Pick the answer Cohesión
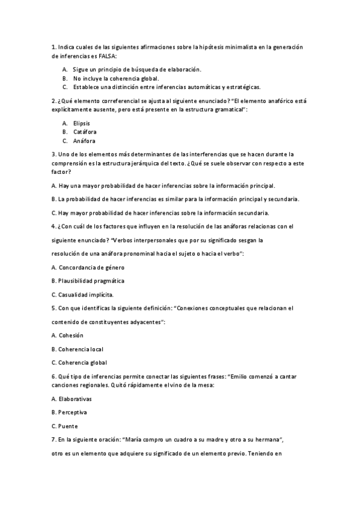(70, 335)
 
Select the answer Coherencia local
(80, 349)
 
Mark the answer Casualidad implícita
(86, 295)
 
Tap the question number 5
(53, 309)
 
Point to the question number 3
(53, 154)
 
